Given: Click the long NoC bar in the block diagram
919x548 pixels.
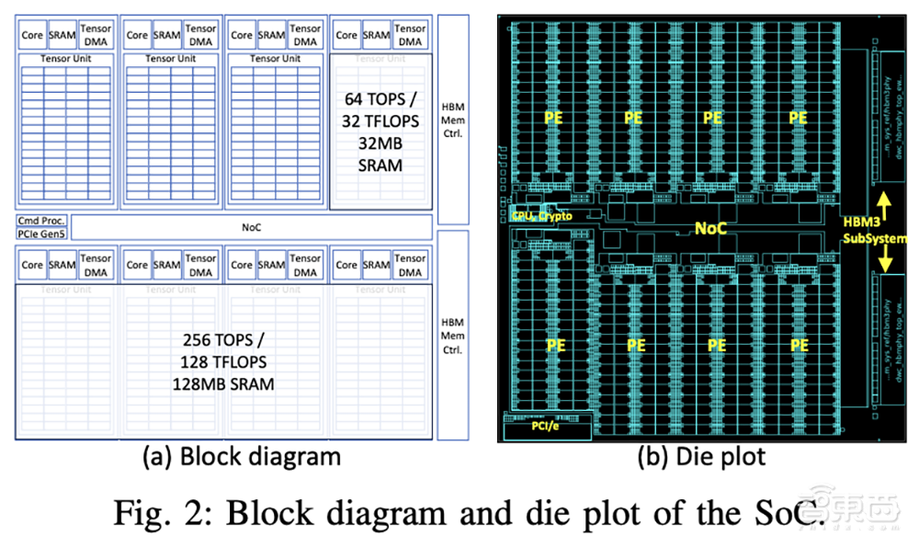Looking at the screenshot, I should pyautogui.click(x=251, y=226).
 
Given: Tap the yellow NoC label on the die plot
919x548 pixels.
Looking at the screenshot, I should pyautogui.click(x=709, y=227).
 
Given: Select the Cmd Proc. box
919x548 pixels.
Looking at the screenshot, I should pyautogui.click(x=40, y=220).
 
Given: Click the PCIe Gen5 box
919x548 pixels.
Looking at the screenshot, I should pyautogui.click(x=41, y=234).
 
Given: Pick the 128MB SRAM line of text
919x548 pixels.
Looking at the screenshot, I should pyautogui.click(x=223, y=383).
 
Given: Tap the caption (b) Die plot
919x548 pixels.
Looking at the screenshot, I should pyautogui.click(x=701, y=455).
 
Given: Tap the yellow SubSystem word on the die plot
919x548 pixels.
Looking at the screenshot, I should pyautogui.click(x=873, y=237).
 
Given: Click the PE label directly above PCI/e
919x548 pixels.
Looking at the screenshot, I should pyautogui.click(x=555, y=345).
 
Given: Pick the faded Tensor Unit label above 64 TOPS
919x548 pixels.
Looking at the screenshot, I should pyautogui.click(x=380, y=60).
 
